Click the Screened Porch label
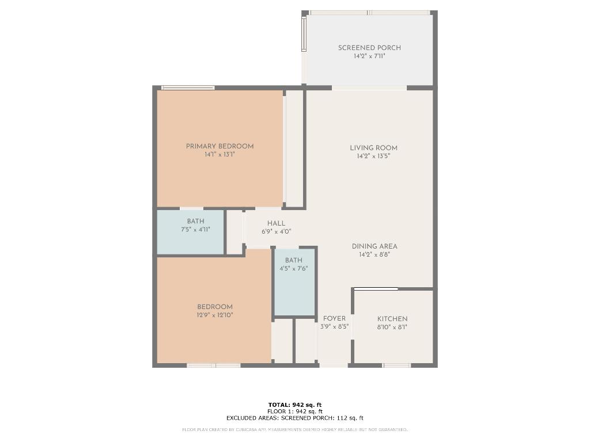pos(369,48)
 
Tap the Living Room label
pos(373,148)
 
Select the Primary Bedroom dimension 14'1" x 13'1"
pos(220,155)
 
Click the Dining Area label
pos(375,246)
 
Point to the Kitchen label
pos(392,319)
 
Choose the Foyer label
pos(334,318)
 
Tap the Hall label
pos(276,223)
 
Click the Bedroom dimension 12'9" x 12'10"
pos(215,315)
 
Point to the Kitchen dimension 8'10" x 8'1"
pos(392,327)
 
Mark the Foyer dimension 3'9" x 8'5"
pos(334,327)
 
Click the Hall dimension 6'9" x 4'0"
pos(276,232)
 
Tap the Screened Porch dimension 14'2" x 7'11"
pos(369,56)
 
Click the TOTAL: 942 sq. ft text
pos(295,405)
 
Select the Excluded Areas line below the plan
pos(295,418)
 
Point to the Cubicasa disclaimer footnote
pos(295,429)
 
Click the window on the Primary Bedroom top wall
pos(188,88)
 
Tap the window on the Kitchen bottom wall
pos(396,365)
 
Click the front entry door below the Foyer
pos(334,365)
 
